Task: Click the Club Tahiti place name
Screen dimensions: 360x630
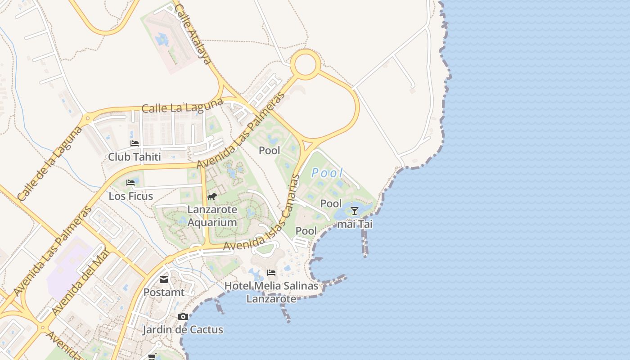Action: pos(134,157)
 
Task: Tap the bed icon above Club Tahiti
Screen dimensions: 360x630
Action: pos(135,144)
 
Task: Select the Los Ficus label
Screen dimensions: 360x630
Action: pos(130,196)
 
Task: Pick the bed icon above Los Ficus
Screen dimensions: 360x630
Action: pos(130,183)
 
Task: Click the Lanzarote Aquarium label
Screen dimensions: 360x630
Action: pos(212,216)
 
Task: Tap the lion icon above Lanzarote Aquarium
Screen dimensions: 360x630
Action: pos(212,197)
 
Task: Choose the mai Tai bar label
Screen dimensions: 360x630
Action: pos(355,224)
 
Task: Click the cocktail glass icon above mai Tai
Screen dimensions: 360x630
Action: pos(355,211)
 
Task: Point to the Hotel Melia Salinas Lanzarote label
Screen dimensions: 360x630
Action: pos(271,292)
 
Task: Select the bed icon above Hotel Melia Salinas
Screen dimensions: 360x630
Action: pos(271,273)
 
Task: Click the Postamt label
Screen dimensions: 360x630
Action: pos(164,292)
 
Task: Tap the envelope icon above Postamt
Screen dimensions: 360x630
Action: pos(164,280)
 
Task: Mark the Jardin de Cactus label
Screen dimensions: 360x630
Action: pos(183,329)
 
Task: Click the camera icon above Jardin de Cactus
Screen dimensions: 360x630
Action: pos(183,317)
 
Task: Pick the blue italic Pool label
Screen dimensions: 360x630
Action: pos(327,173)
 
